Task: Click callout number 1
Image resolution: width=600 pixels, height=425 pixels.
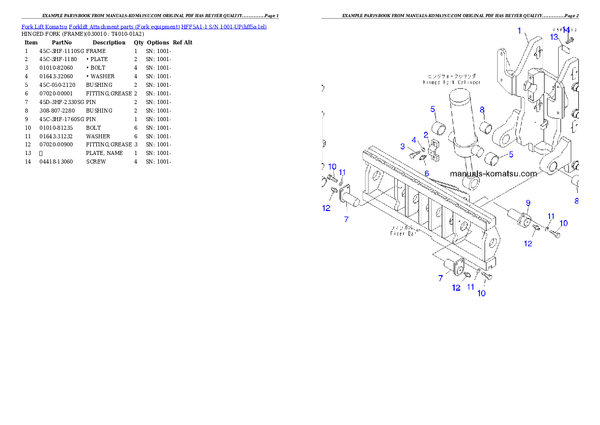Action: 519,31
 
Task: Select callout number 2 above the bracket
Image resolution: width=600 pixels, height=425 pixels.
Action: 426,135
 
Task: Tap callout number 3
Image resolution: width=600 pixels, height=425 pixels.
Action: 403,146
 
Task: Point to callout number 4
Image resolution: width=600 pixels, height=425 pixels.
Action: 414,140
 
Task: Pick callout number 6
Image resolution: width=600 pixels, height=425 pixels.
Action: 427,173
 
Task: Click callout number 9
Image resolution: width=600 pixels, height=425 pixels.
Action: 528,203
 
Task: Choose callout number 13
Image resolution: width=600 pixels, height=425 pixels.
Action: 554,37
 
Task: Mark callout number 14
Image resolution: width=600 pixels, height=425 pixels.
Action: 566,30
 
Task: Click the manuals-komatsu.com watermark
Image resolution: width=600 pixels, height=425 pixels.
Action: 493,174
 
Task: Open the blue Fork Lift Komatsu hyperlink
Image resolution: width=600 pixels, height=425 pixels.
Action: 144,26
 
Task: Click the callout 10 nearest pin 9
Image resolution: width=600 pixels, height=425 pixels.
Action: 563,223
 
